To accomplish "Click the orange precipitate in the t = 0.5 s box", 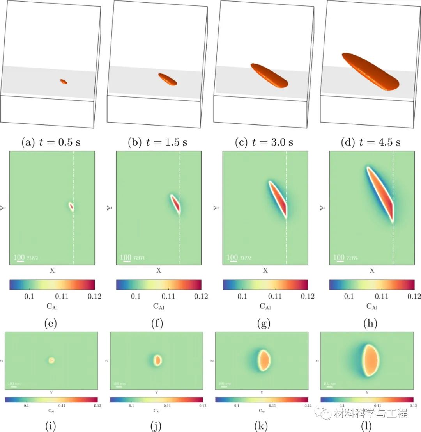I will (64, 82).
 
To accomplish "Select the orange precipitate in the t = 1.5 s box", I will (168, 79).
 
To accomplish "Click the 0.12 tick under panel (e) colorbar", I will (94, 297).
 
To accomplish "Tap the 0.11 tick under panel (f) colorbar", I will (168, 297).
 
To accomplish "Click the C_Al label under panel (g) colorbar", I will (265, 307).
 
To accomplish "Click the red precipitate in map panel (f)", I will (176, 204).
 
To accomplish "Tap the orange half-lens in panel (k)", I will (264, 360).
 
